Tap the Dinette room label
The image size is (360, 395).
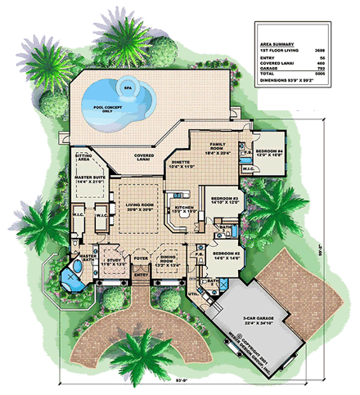coord(182,164)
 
